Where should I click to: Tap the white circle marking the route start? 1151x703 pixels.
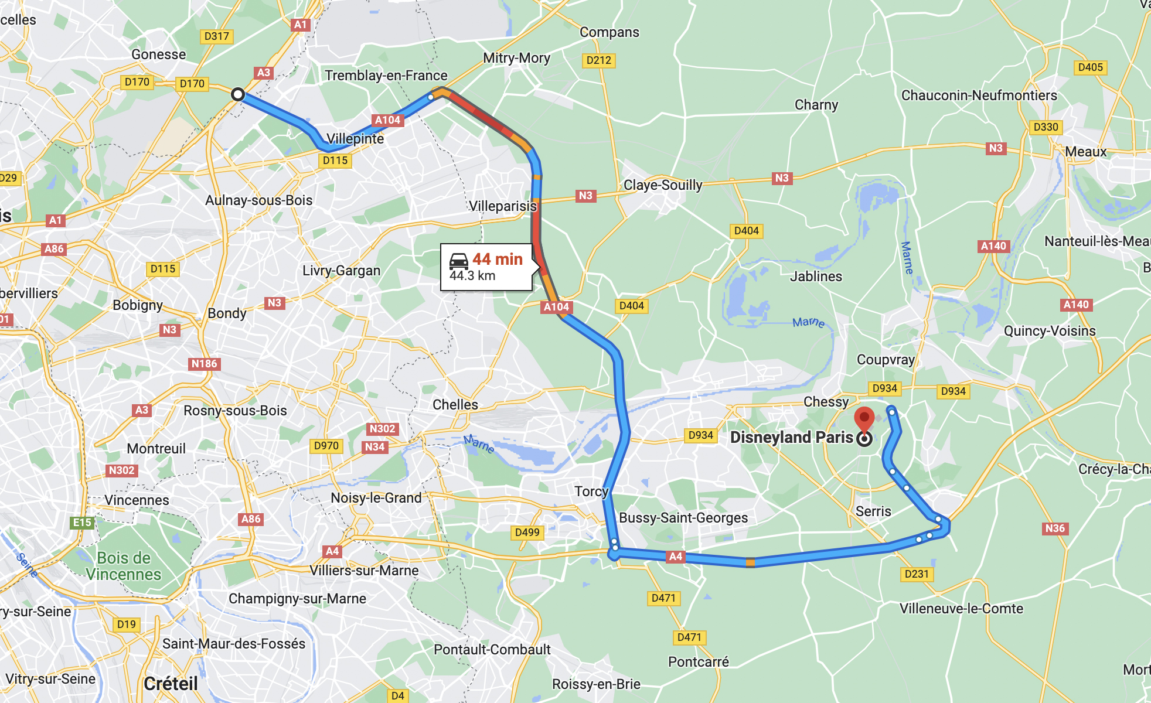[x=237, y=94]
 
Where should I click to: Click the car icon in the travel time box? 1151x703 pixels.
[x=458, y=261]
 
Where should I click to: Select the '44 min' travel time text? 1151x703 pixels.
[x=497, y=259]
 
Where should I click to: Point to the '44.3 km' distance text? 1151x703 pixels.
[x=472, y=276]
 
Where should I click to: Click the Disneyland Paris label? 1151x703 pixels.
[x=791, y=438]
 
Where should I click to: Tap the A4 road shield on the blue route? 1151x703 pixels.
[x=676, y=556]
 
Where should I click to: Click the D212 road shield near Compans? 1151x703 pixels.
[x=598, y=60]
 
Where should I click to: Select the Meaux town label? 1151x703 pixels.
[x=1085, y=152]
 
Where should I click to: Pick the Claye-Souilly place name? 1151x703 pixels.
[x=662, y=185]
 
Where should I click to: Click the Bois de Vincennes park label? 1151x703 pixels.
[x=124, y=566]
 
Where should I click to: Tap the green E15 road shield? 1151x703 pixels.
[x=82, y=523]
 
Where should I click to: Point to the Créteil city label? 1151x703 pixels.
[x=171, y=684]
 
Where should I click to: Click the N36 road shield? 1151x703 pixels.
[x=1055, y=528]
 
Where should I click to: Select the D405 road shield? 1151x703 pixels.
[x=1090, y=67]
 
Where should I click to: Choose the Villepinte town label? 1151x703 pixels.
[x=355, y=139]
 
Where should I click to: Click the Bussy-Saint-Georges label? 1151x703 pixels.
[x=683, y=518]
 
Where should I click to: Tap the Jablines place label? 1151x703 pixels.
[x=816, y=277]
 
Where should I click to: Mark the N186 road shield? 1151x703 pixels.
[x=204, y=364]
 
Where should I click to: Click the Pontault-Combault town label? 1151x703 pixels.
[x=492, y=650]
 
